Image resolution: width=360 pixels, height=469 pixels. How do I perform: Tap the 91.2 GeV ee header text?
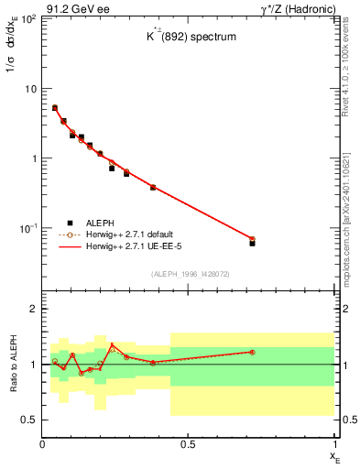click(x=77, y=8)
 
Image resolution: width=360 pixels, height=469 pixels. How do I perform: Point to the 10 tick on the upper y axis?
click(x=30, y=89)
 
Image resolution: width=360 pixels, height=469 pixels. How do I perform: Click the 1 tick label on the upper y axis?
click(x=34, y=158)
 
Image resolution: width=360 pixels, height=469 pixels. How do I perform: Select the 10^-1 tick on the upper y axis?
click(x=27, y=227)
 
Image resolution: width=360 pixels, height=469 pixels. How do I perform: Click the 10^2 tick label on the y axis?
click(x=27, y=19)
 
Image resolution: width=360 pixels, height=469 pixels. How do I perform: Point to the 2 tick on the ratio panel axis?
click(x=34, y=310)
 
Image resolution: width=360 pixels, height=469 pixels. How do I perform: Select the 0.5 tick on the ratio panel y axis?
click(x=30, y=420)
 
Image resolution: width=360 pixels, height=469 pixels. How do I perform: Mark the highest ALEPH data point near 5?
click(x=55, y=108)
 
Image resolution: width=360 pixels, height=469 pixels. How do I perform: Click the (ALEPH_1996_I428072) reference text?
click(x=189, y=273)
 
